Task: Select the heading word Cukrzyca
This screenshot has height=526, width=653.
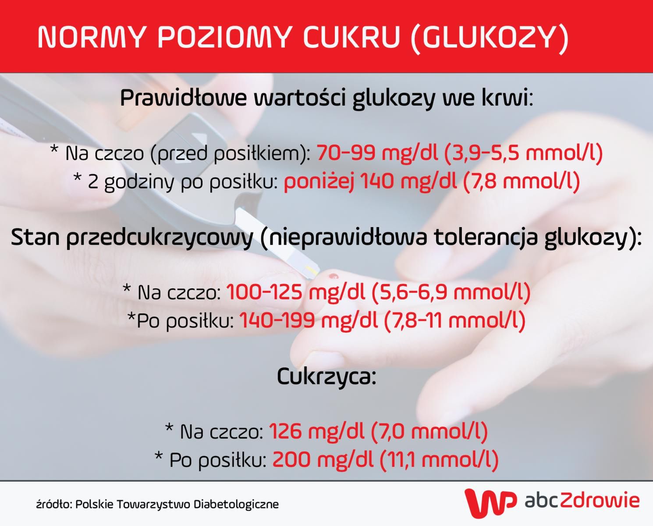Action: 326,377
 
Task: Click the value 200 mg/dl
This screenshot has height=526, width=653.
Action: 323,459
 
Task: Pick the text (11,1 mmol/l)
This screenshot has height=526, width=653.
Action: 439,459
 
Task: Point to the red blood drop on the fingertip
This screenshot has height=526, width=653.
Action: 334,276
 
